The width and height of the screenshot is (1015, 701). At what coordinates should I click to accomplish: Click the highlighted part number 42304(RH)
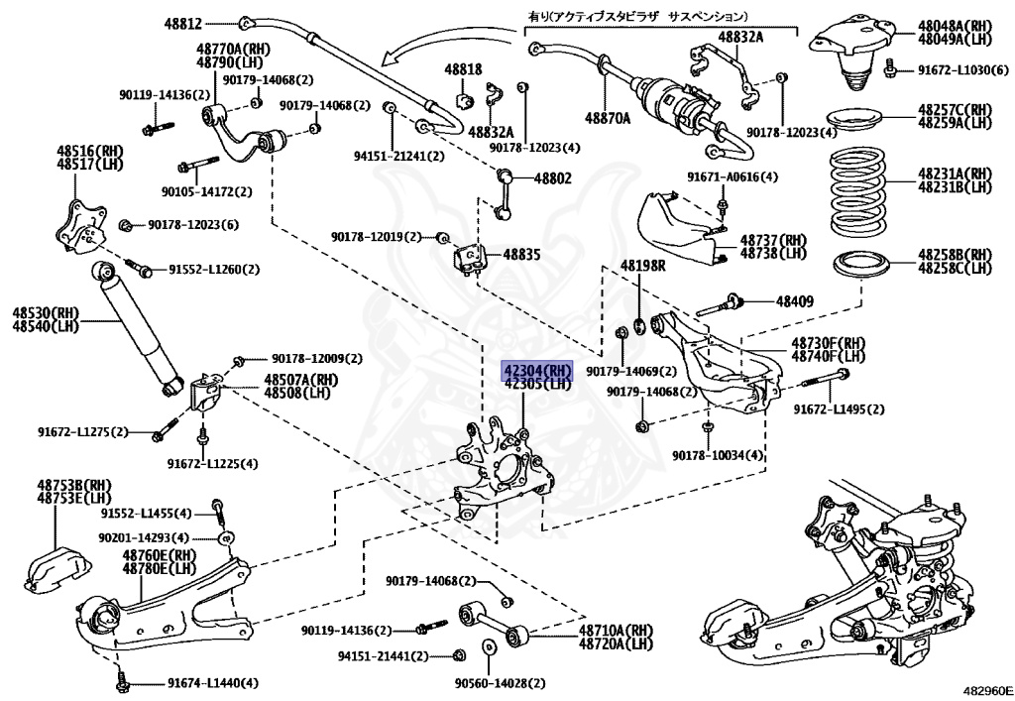click(537, 370)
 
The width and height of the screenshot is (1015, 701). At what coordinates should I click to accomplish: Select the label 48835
click(521, 255)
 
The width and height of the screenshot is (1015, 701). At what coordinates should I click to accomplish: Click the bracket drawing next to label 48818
click(463, 100)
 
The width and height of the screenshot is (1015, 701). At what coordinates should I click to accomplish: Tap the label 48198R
click(643, 266)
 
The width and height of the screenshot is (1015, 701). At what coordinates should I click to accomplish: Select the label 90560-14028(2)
click(500, 683)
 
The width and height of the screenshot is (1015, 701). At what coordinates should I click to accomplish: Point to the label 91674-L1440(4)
click(212, 683)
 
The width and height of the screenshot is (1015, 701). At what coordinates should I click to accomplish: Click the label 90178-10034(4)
click(718, 455)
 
